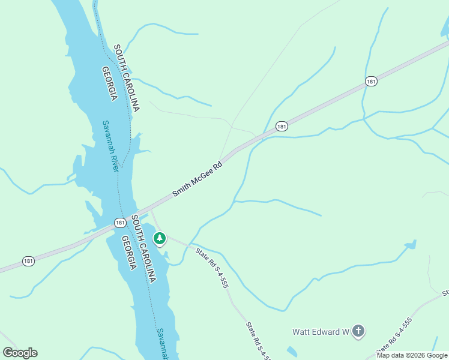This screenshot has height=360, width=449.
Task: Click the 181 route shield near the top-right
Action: click(372, 81)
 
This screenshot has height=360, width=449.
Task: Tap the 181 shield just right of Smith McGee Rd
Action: click(282, 126)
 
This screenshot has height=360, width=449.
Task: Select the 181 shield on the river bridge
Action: click(121, 223)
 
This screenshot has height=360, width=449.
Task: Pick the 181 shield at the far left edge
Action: click(28, 261)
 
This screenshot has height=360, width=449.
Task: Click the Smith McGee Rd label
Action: click(197, 179)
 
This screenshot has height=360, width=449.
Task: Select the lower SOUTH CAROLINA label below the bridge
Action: click(143, 249)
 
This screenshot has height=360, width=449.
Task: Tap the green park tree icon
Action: click(159, 239)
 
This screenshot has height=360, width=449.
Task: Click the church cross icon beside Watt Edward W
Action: click(358, 331)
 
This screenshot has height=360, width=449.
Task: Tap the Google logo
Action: click(20, 352)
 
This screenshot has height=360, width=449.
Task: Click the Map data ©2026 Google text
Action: click(412, 355)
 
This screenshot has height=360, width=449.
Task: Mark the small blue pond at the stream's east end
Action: click(411, 245)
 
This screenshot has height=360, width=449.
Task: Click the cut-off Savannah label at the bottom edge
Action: click(161, 344)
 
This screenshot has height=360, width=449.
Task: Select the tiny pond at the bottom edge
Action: click(292, 352)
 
